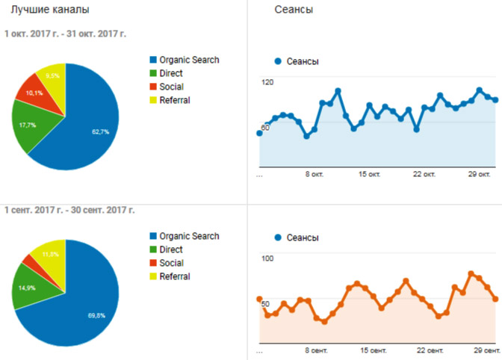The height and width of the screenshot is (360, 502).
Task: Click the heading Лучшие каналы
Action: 50,10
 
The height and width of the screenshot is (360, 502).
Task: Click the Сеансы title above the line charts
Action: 294,10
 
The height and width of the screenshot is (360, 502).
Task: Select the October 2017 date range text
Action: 65,34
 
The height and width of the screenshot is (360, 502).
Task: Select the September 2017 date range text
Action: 69,210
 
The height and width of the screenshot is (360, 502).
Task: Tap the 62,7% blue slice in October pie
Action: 93,128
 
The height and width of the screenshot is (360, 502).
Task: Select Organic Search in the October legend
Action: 185,60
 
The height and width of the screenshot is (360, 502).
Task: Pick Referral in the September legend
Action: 170,276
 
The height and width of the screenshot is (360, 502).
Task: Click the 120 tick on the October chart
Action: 267,82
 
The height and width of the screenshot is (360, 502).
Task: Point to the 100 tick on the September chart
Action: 267,258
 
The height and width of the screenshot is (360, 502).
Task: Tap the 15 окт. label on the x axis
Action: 369,175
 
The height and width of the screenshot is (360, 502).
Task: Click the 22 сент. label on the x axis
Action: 430,351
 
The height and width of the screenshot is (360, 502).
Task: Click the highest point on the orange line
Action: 471,273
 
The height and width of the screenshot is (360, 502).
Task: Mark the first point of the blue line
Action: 260,133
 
